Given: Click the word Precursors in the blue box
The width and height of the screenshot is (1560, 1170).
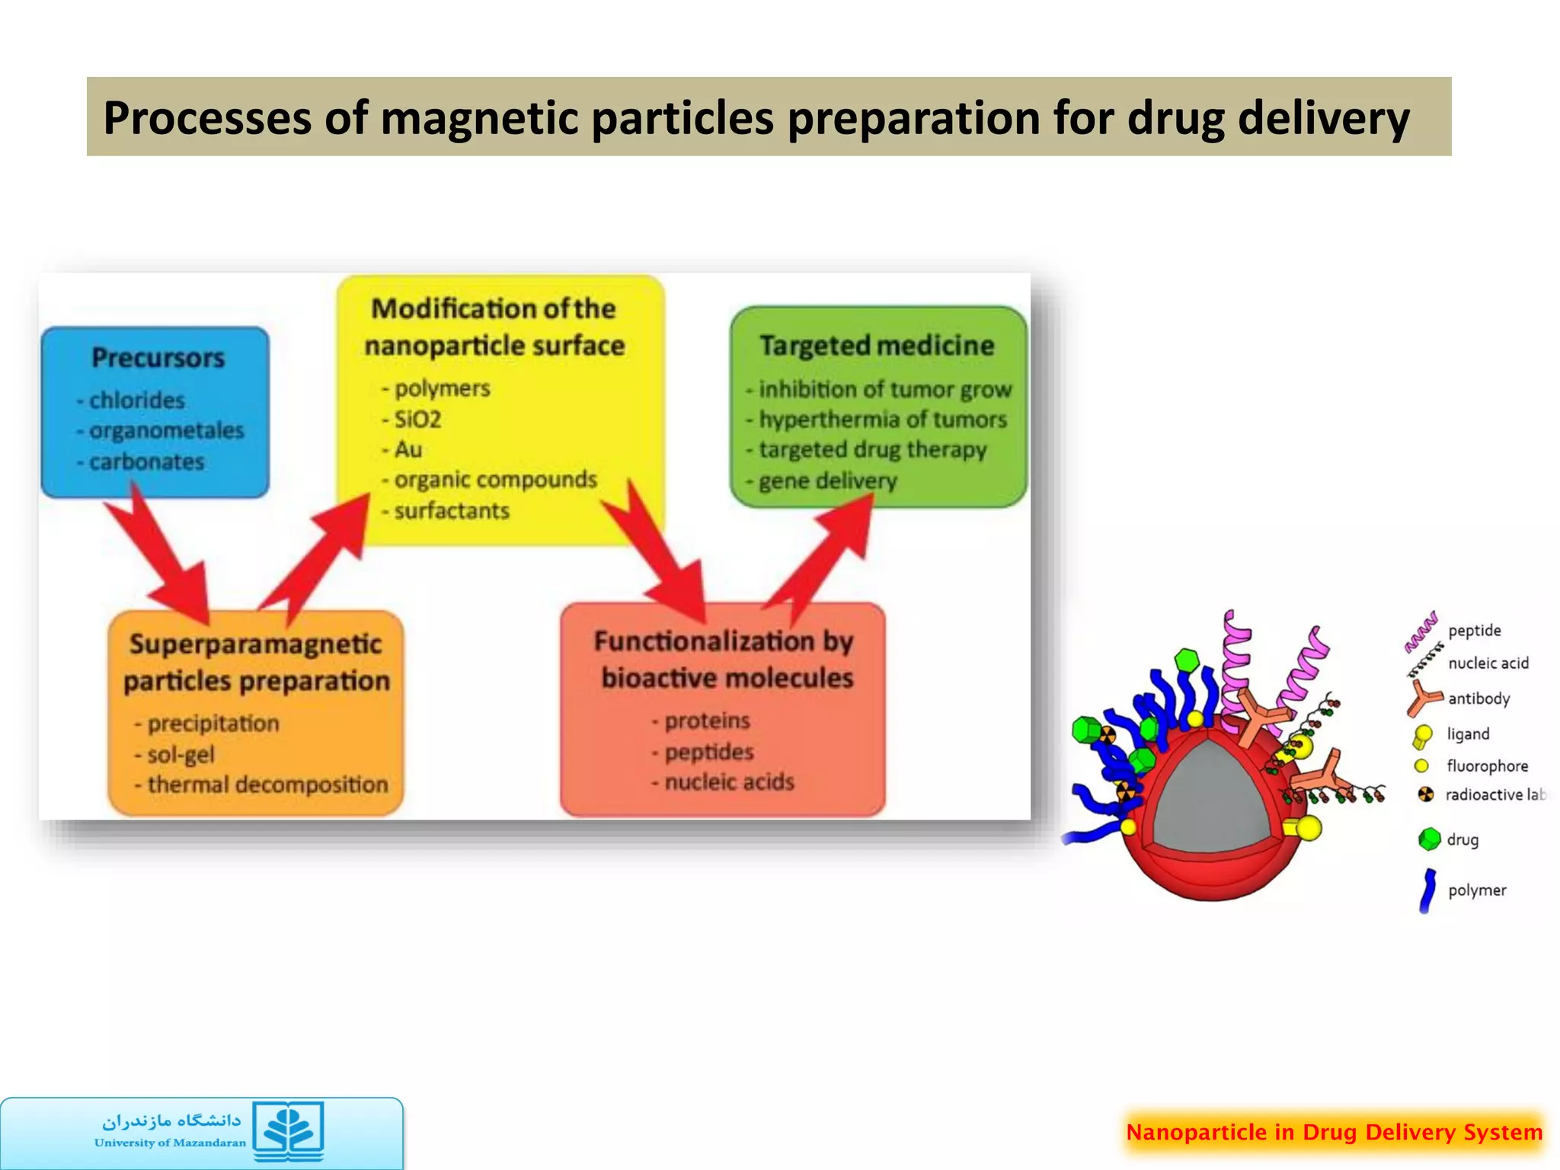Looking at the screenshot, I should pyautogui.click(x=158, y=358).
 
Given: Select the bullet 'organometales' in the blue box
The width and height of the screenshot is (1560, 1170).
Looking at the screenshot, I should pyautogui.click(x=166, y=431).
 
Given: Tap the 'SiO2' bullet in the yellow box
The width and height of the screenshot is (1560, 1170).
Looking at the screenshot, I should pyautogui.click(x=417, y=420).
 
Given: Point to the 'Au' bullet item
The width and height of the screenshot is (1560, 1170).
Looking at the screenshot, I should pyautogui.click(x=408, y=449).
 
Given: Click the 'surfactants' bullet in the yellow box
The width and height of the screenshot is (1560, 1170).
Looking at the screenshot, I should pyautogui.click(x=451, y=511).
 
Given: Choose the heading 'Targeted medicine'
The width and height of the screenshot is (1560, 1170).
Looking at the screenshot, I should pyautogui.click(x=877, y=346).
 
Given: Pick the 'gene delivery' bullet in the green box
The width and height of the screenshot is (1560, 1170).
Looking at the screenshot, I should pyautogui.click(x=827, y=481).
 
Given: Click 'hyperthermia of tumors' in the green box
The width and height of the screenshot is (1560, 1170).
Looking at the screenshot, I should pyautogui.click(x=882, y=420).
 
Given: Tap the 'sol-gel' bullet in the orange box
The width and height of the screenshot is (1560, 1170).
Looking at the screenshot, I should pyautogui.click(x=181, y=755).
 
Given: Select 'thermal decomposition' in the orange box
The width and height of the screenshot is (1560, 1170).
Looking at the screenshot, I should pyautogui.click(x=267, y=785).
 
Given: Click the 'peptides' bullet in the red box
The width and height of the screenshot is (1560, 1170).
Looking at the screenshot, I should pyautogui.click(x=708, y=753).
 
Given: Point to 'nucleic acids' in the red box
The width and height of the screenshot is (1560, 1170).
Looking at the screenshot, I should pyautogui.click(x=729, y=782).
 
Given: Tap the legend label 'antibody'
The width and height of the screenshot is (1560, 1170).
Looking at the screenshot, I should pyautogui.click(x=1478, y=698).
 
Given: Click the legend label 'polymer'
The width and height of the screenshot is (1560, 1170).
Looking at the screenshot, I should pyautogui.click(x=1477, y=890).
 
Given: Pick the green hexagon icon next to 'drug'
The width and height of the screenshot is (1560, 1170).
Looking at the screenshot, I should pyautogui.click(x=1430, y=839).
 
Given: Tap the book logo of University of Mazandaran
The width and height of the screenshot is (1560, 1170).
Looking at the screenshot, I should pyautogui.click(x=289, y=1130).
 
